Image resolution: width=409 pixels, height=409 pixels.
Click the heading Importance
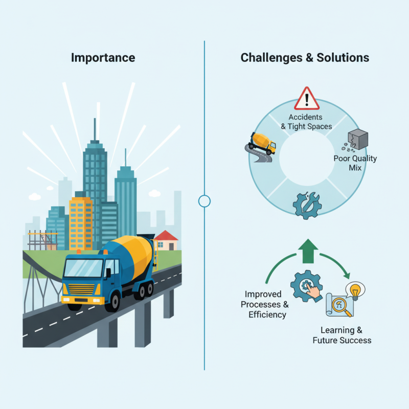[x=103, y=58]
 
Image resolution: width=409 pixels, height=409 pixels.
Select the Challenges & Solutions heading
[x=305, y=58]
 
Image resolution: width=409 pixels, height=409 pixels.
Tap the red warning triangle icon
[x=307, y=99]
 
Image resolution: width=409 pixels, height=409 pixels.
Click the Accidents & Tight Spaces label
[x=306, y=122]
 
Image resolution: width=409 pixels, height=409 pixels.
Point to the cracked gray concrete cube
[x=357, y=139]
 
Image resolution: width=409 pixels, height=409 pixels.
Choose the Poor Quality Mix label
[x=355, y=163]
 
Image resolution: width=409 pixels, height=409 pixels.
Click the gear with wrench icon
[x=307, y=206]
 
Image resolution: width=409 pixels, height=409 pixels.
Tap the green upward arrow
[x=308, y=251]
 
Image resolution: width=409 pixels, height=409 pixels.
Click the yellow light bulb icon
[x=355, y=290]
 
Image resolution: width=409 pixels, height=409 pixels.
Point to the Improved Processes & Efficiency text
[x=264, y=304]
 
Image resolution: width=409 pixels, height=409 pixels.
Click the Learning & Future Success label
[x=342, y=335]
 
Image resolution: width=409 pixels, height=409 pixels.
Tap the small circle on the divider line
[x=204, y=201]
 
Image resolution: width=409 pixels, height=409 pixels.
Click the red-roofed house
[x=166, y=240]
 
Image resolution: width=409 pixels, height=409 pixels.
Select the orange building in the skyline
[x=81, y=223]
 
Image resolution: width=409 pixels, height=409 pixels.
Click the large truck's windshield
[x=83, y=268]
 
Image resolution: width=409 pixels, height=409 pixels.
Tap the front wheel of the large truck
[x=112, y=302]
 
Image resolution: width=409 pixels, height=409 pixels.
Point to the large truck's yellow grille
[x=81, y=289]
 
